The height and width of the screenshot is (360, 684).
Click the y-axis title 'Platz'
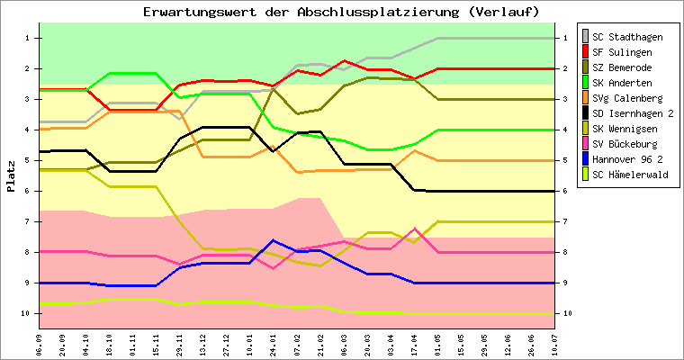tap(12, 176)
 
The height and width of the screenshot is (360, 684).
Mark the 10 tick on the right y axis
tap(566, 313)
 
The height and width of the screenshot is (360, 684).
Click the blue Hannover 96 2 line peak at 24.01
tap(274, 240)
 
